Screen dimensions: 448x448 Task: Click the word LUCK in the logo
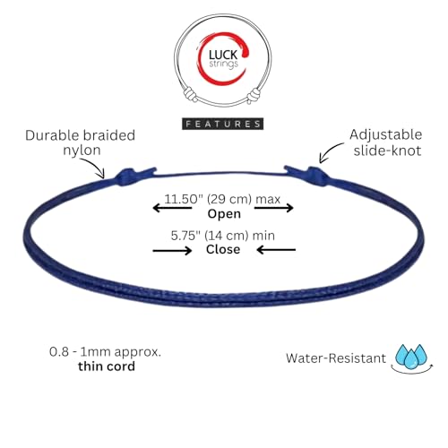223,55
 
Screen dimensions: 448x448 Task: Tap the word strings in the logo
223,65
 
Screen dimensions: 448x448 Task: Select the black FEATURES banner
223,124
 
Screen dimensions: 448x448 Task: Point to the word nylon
82,151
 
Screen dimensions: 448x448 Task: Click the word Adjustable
386,134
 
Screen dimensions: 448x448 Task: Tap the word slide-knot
387,151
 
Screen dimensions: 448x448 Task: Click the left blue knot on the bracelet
126,177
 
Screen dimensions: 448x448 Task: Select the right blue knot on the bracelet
316,177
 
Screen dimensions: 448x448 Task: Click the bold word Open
224,214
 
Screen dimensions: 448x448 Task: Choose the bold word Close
223,249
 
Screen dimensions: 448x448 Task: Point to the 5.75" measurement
187,236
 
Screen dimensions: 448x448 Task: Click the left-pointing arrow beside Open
172,208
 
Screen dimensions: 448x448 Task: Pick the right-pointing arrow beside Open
274,208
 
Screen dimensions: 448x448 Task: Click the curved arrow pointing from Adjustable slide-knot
329,151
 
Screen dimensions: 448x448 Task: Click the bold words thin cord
107,366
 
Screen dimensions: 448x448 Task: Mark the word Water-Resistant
336,358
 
